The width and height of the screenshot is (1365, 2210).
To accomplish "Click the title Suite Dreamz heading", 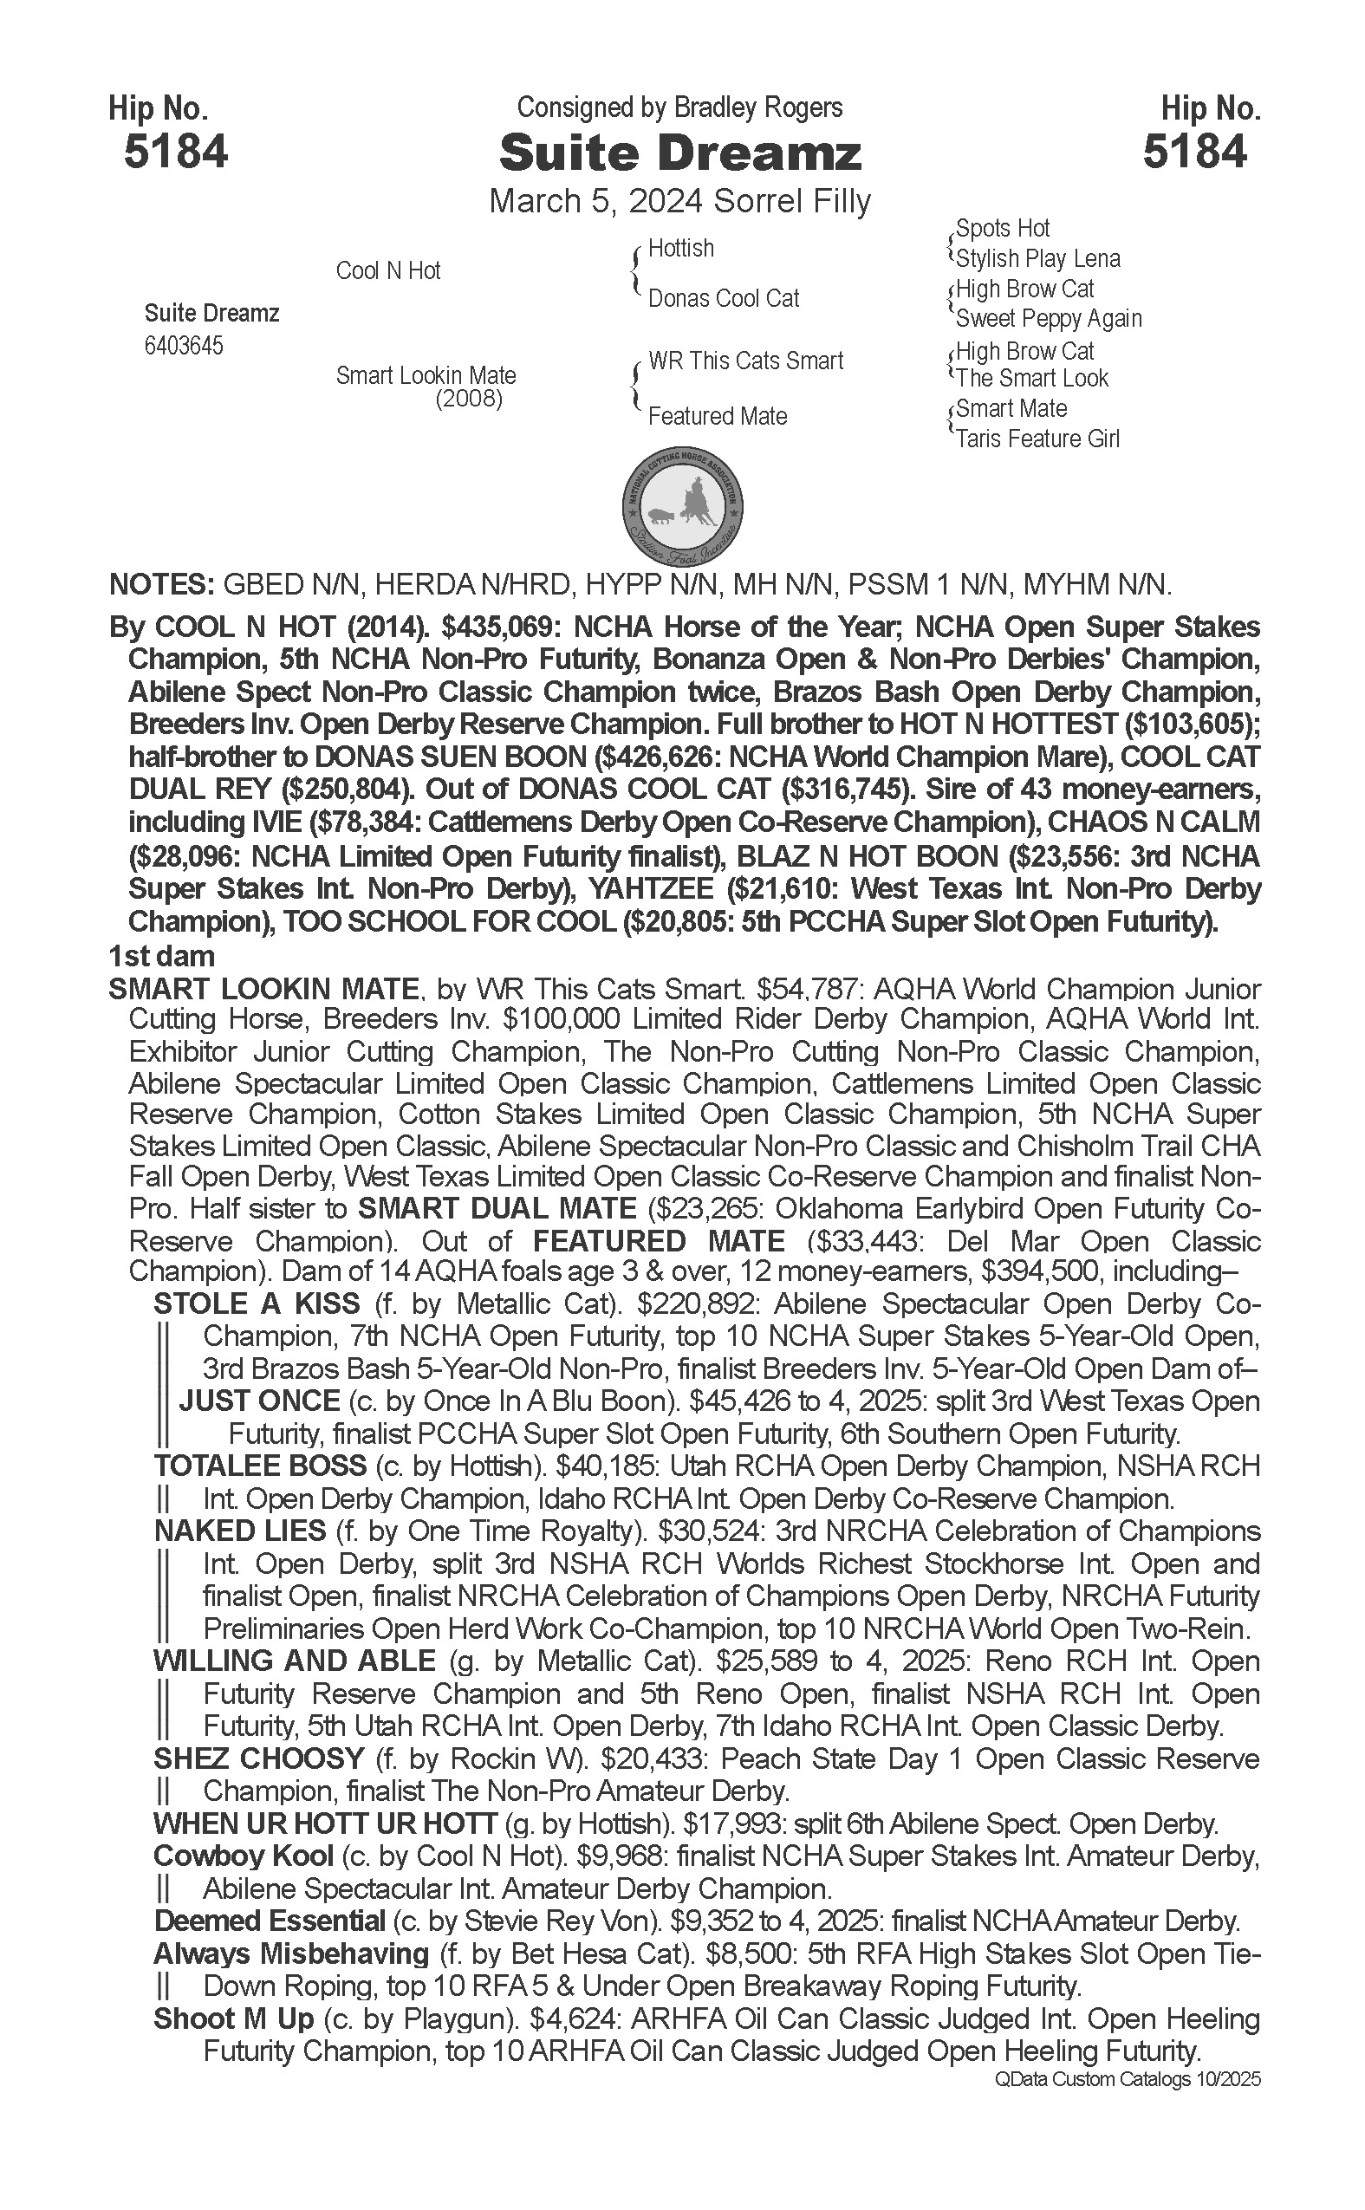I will click(679, 153).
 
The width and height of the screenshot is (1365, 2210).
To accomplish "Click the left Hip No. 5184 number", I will click(175, 151).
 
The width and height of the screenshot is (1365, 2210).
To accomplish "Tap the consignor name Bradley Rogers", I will click(757, 107).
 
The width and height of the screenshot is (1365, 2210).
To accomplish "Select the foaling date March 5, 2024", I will click(597, 200).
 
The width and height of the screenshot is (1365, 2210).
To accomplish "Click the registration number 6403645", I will click(183, 346).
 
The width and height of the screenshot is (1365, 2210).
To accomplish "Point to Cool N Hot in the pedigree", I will click(387, 270).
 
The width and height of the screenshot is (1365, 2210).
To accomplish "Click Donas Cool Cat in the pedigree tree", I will click(723, 298).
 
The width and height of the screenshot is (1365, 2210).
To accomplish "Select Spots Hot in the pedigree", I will click(1002, 229).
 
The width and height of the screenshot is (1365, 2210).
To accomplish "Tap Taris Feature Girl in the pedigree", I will click(1037, 439).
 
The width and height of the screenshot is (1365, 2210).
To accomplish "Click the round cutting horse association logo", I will click(683, 504).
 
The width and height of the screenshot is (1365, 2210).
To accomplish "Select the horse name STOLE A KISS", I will click(257, 1303).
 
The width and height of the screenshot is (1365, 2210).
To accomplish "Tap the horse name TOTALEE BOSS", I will click(260, 1466).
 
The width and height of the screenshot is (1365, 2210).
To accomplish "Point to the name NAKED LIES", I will click(239, 1531).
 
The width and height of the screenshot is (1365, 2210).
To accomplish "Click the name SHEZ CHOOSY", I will click(258, 1758).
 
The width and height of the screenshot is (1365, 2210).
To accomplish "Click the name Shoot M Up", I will click(234, 2018).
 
